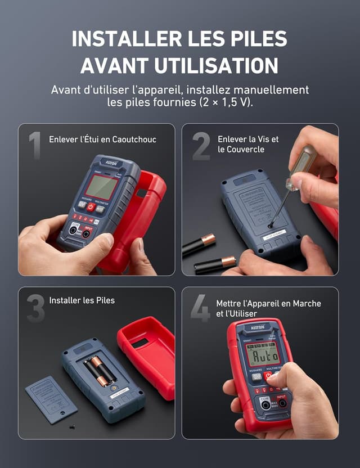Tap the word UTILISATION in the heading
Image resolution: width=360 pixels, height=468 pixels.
216,65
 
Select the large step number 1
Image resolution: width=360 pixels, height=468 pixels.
35,146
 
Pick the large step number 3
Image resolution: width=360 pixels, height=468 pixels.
35,308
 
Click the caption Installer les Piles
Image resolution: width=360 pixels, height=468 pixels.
82,300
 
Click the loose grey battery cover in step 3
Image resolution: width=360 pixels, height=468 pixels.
51,399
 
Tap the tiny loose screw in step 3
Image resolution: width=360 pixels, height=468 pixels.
73,427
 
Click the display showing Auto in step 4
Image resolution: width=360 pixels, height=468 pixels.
263,355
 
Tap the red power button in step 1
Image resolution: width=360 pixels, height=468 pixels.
91,206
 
